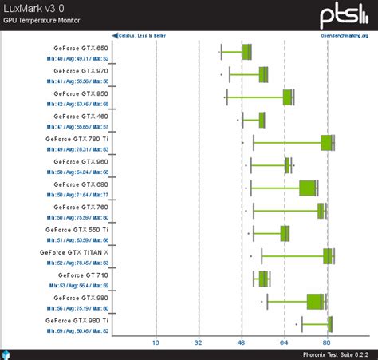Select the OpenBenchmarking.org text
tap(345, 36)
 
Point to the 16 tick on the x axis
tap(156, 342)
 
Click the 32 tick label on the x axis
tap(199, 342)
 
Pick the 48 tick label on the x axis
tap(241, 342)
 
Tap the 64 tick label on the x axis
tap(284, 342)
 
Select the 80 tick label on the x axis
tap(326, 342)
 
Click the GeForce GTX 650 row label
tap(81, 47)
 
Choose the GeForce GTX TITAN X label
tap(74, 252)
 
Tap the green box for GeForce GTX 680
tap(308, 188)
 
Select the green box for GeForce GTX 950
tap(288, 97)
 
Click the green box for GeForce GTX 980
tap(315, 301)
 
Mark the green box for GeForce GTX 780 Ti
tap(326, 143)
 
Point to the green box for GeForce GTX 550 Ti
tap(285, 233)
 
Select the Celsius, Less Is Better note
tap(141, 36)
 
